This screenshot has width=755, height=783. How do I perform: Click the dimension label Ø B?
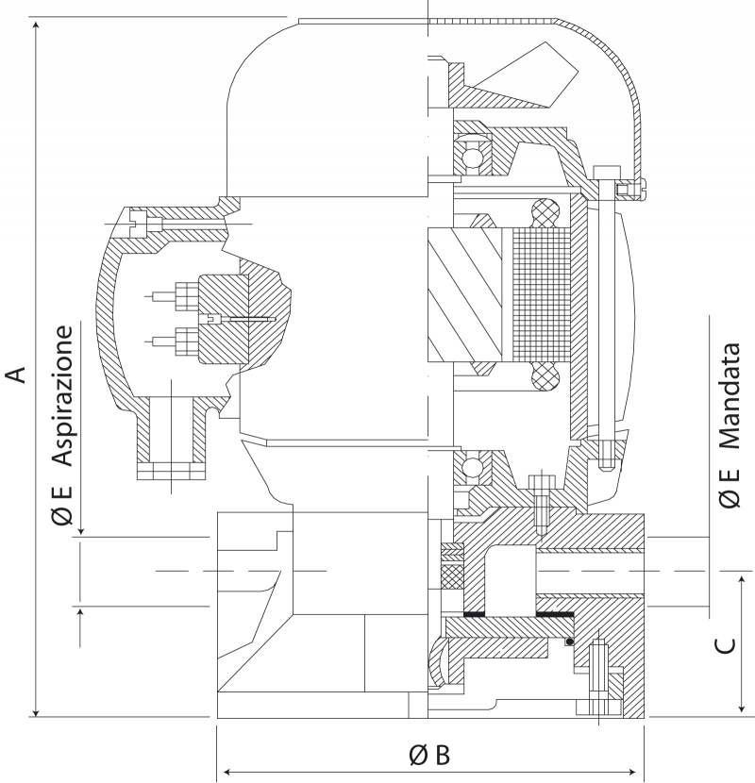(429, 755)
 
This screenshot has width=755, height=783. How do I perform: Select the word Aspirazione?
(62, 396)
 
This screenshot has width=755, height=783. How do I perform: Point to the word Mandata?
(730, 395)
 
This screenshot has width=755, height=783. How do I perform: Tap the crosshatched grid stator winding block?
(541, 295)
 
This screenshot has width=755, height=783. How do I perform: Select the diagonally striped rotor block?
(464, 294)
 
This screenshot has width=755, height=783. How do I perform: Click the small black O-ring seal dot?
(569, 641)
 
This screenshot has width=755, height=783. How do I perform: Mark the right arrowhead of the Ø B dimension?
(634, 772)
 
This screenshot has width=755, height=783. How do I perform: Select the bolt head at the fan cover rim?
(606, 173)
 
